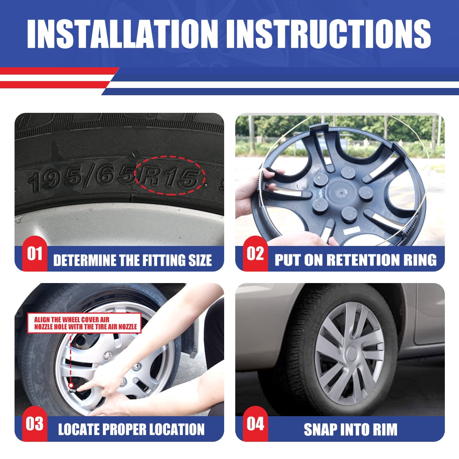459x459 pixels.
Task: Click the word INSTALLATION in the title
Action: pyautogui.click(x=122, y=34)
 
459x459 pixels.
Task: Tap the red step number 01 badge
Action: pyautogui.click(x=35, y=254)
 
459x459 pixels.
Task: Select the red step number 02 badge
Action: pyautogui.click(x=256, y=254)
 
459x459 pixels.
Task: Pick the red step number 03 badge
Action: pyautogui.click(x=35, y=424)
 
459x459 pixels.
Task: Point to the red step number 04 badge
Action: pyautogui.click(x=256, y=424)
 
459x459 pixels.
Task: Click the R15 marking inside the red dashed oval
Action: pyautogui.click(x=169, y=177)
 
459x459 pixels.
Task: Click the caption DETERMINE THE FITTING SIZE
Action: pyautogui.click(x=132, y=260)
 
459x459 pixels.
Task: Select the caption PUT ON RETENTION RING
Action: pyautogui.click(x=356, y=260)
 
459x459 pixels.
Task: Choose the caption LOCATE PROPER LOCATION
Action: pyautogui.click(x=131, y=430)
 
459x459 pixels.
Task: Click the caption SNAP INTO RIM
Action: pyautogui.click(x=351, y=430)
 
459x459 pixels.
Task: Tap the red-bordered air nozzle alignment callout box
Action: pyautogui.click(x=84, y=323)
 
